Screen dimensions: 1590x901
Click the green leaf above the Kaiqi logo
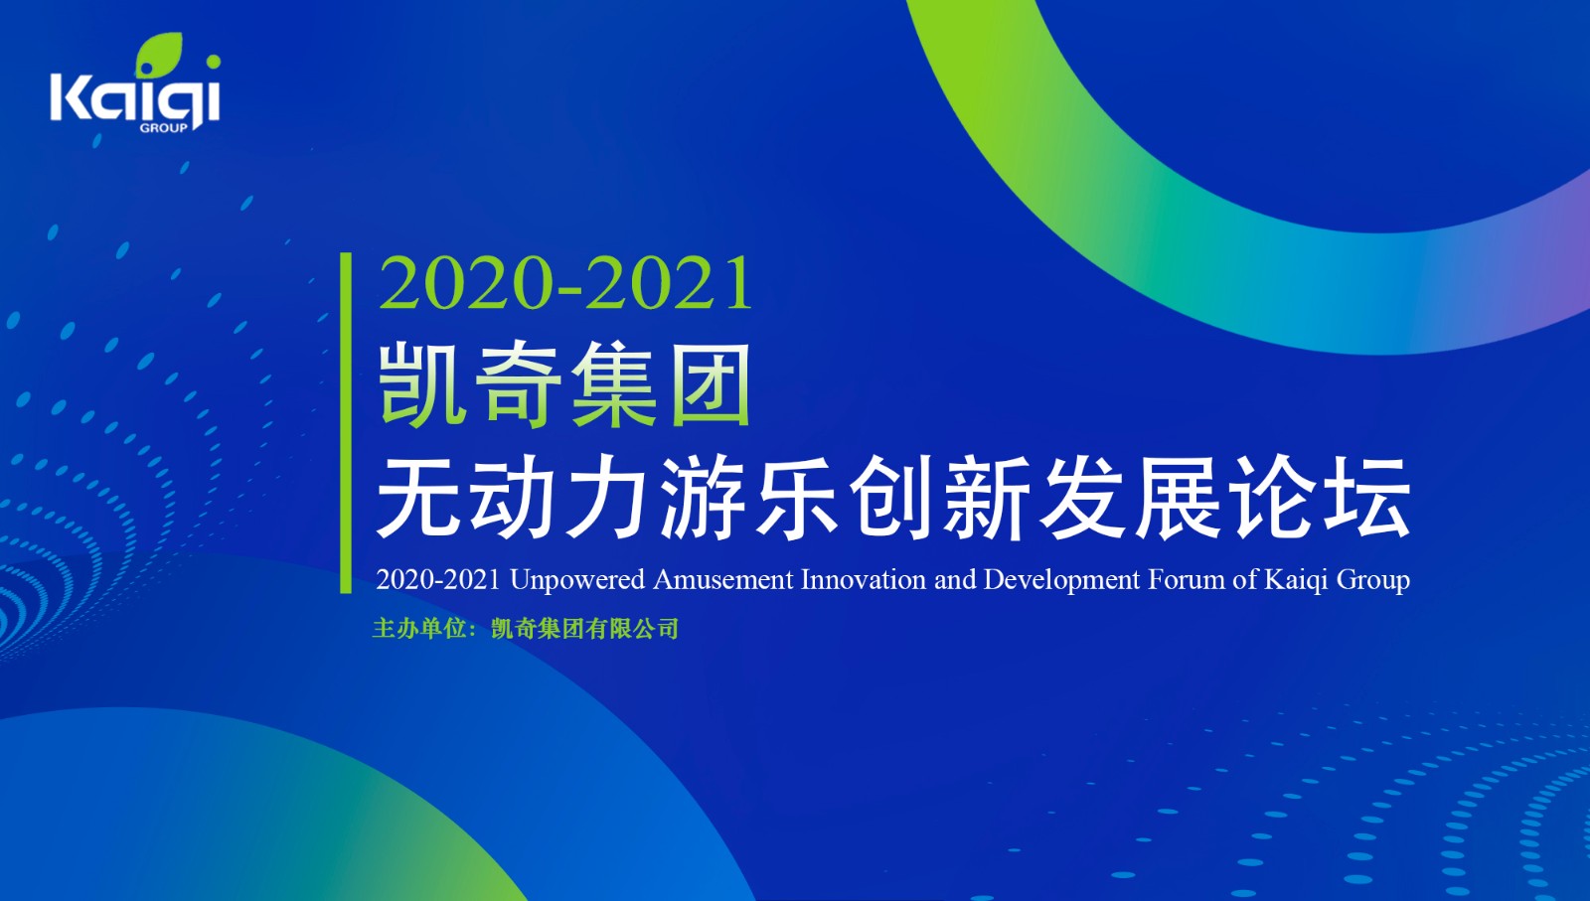pos(159,55)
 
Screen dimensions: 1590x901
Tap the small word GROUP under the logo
pos(164,128)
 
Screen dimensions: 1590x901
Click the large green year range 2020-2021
pos(565,283)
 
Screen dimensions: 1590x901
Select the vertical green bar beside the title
pos(347,423)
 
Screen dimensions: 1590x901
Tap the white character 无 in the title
pos(418,497)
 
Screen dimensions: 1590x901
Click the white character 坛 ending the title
pos(1367,497)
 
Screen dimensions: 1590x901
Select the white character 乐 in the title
pos(798,497)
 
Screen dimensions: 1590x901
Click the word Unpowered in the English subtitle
pos(577,580)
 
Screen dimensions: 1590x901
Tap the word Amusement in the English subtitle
pos(722,579)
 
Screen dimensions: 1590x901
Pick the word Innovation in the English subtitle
pos(864,579)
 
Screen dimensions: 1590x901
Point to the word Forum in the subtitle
pos(1186,579)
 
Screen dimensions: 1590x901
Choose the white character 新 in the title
pos(987,497)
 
